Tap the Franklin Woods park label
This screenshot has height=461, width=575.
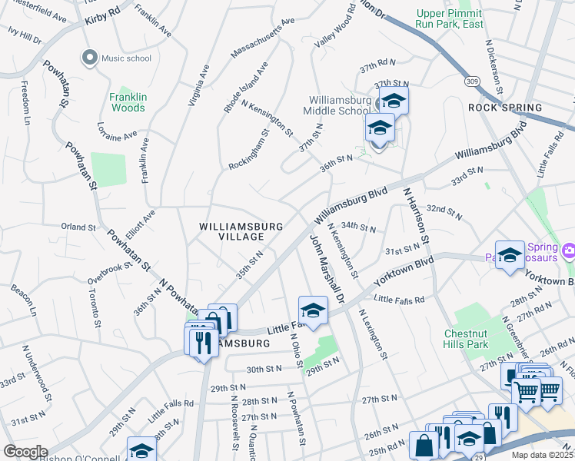127,102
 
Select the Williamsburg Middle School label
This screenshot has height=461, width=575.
339,105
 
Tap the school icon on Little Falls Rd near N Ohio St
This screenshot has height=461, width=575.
313,310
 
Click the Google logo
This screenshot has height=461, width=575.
25,452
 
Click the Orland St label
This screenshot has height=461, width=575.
78,227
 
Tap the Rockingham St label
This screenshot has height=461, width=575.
248,151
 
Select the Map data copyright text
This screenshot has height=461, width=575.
543,455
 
